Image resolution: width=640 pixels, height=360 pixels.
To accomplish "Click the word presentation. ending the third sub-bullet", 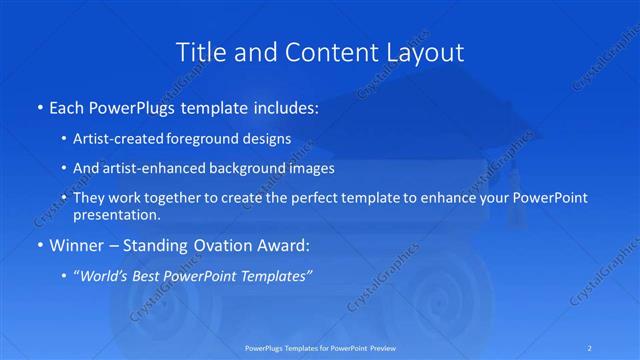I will coord(116,215).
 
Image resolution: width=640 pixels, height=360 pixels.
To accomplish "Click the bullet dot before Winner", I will coord(39,245).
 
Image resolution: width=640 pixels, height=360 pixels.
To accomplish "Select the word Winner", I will coord(76,245).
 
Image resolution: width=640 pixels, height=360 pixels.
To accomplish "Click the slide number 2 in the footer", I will coord(591,348).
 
